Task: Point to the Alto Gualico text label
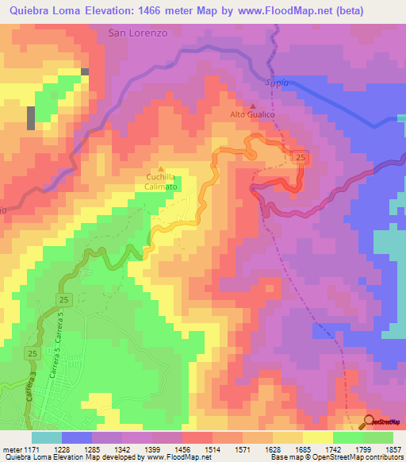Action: [x=252, y=115]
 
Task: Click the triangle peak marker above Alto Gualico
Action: [x=253, y=106]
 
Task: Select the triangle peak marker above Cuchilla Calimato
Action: [x=161, y=168]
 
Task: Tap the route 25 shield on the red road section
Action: [x=301, y=159]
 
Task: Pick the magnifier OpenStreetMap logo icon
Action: [x=370, y=422]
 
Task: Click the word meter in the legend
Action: [x=10, y=449]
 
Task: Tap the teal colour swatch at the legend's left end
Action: [x=46, y=437]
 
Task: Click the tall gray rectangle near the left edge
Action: [x=31, y=117]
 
